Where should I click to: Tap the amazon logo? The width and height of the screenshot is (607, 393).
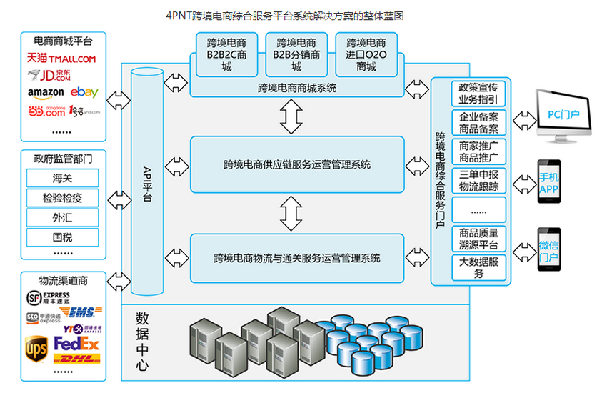(x=46, y=93)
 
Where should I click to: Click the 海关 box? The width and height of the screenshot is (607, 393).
(x=62, y=178)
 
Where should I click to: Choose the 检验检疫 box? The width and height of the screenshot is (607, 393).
(x=62, y=197)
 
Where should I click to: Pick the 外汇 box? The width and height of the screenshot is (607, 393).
(x=62, y=217)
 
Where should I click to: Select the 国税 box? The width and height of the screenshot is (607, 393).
(x=62, y=237)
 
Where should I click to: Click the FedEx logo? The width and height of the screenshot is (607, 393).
(x=76, y=344)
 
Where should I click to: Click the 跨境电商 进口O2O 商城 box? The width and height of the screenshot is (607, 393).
(x=366, y=54)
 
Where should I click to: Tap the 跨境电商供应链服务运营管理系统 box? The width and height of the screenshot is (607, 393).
(x=297, y=164)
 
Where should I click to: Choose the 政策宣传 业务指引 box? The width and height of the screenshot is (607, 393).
(x=478, y=94)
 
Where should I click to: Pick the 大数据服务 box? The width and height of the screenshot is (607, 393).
(x=478, y=268)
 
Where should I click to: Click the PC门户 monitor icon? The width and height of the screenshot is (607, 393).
(x=563, y=114)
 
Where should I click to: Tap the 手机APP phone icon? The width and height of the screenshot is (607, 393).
(x=548, y=183)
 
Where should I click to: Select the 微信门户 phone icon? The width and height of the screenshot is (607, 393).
(x=548, y=251)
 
